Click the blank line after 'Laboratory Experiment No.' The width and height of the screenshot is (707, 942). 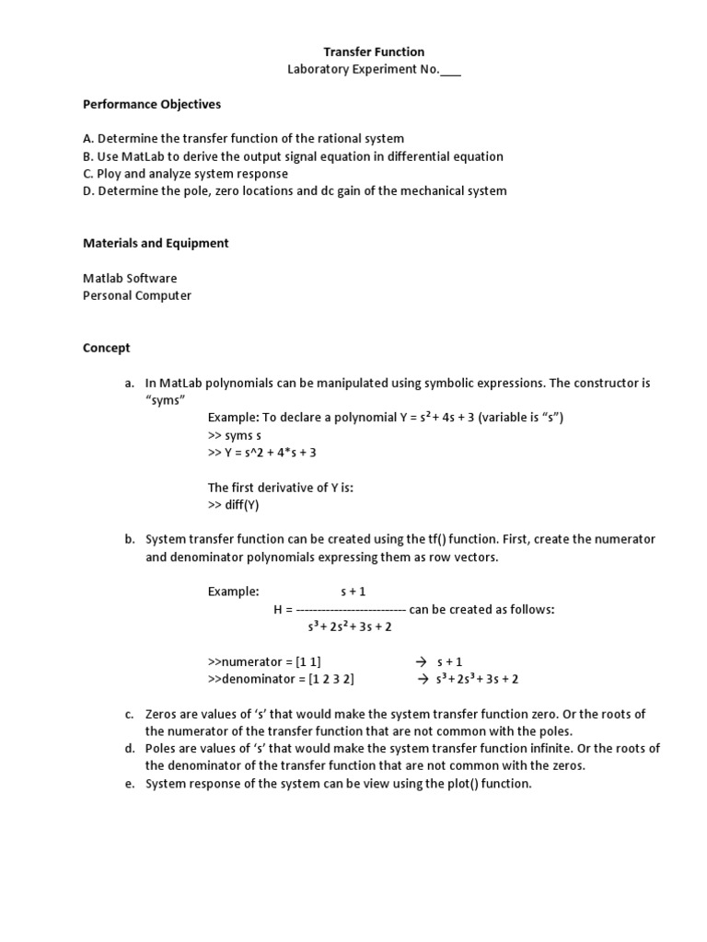pos(450,71)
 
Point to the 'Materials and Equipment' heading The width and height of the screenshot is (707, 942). pos(156,244)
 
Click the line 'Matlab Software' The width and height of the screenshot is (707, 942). pos(130,279)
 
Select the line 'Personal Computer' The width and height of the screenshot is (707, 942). pos(137,296)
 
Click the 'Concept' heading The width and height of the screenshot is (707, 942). pos(107,349)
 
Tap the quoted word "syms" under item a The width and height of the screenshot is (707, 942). pos(167,401)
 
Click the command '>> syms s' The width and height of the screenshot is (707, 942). pos(235,436)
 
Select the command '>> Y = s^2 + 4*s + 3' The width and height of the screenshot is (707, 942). pos(261,454)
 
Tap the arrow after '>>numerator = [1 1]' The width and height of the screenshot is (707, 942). pos(422,662)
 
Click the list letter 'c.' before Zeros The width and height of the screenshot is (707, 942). pos(130,715)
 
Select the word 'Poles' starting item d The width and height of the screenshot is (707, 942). pos(161,749)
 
